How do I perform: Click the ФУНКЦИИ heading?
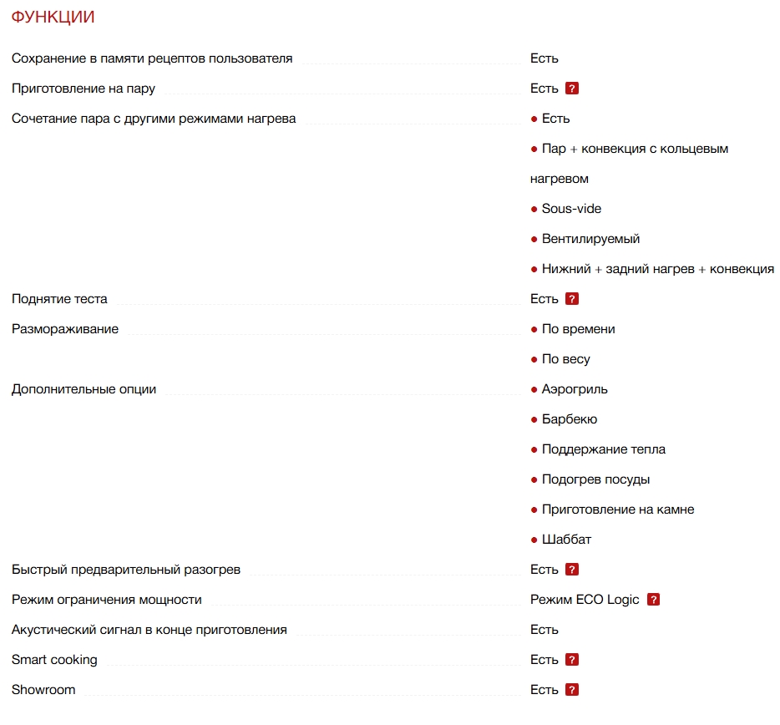coord(53,17)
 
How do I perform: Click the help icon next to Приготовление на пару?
coord(572,89)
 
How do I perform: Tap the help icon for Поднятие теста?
coord(572,299)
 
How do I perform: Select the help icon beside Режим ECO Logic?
coord(653,600)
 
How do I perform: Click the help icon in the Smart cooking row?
coord(572,660)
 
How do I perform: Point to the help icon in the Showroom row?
coord(572,690)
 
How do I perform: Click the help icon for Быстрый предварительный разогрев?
coord(572,570)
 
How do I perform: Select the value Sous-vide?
coord(571,209)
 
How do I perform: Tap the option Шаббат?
coord(566,540)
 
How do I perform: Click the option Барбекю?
coord(569,419)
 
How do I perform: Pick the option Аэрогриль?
coord(575,389)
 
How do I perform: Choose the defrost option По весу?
coord(565,359)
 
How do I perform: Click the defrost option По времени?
coord(578,329)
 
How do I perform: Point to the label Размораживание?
coord(65,329)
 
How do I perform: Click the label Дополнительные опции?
coord(84,389)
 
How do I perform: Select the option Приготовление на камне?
coord(617,510)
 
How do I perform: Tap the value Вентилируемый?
coord(590,239)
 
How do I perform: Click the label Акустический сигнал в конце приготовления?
coord(149,630)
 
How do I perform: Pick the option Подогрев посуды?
coord(595,479)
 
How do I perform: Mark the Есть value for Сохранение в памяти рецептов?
coord(544,58)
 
